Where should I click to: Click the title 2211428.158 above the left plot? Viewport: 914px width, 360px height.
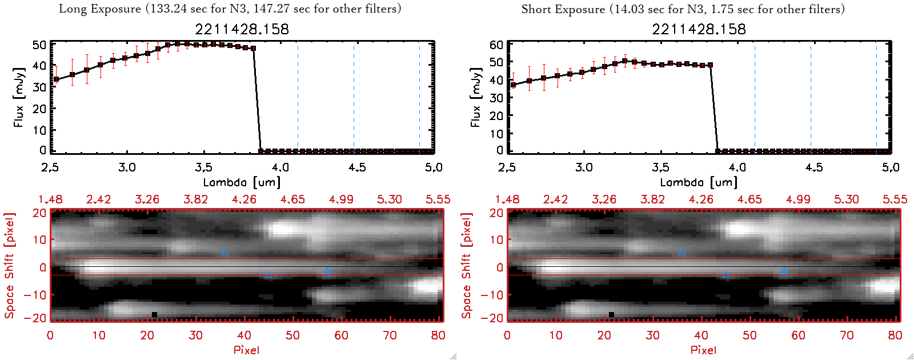(242, 29)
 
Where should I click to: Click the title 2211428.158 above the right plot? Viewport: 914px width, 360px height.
(699, 29)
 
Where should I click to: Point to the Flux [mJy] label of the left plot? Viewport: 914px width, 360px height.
(19, 97)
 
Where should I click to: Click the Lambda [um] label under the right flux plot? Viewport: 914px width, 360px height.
(699, 182)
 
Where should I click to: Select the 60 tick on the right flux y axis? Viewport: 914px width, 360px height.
(496, 45)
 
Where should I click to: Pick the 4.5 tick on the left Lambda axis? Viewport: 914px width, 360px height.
(357, 167)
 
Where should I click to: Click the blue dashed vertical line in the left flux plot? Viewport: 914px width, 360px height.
(419, 97)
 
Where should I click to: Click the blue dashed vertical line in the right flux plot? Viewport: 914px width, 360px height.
(876, 97)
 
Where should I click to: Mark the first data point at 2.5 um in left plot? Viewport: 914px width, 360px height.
(56, 79)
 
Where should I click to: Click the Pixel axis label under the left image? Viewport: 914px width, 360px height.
(246, 350)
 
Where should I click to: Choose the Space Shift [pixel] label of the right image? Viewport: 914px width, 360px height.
(467, 265)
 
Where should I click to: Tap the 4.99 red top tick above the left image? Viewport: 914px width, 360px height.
(341, 199)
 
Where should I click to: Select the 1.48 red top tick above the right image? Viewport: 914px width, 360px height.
(507, 199)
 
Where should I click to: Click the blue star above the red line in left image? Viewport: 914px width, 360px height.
(225, 252)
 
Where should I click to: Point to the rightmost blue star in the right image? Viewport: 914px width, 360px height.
(784, 271)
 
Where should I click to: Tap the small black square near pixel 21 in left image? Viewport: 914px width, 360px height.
(154, 314)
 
